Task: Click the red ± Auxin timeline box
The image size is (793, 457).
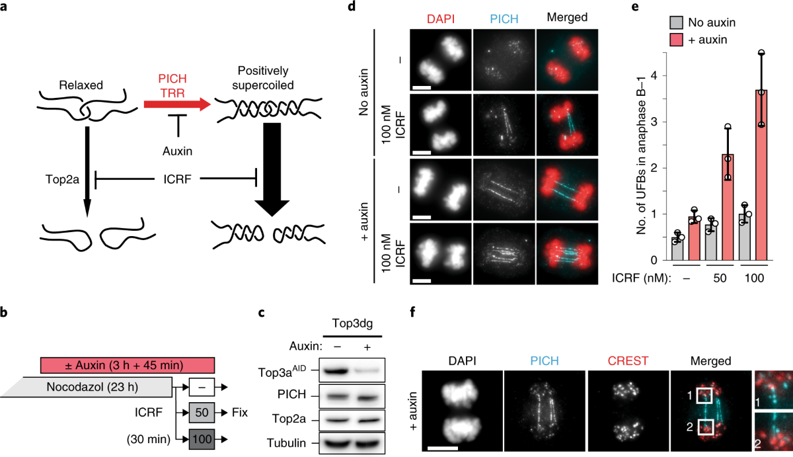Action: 127,364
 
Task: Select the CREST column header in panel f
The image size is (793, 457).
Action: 620,361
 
